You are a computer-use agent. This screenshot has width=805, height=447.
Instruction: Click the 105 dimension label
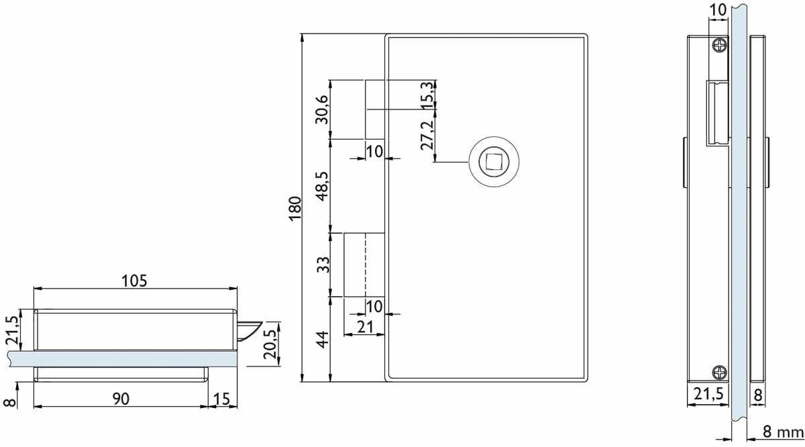point(134,281)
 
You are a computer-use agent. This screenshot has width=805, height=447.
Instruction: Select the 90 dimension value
point(121,399)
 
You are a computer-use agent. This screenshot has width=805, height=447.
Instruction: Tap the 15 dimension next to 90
point(221,399)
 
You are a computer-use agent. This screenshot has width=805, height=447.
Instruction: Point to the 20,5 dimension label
point(270,344)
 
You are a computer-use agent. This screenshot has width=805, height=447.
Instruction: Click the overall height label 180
point(294,209)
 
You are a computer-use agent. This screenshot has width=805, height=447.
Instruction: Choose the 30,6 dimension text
point(321,109)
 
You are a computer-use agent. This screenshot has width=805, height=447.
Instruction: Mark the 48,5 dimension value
point(322,186)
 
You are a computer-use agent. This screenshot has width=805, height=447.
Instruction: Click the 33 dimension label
point(323,264)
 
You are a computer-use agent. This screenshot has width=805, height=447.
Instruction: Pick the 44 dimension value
point(323,340)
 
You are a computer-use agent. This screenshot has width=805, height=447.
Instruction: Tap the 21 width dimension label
point(366,328)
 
